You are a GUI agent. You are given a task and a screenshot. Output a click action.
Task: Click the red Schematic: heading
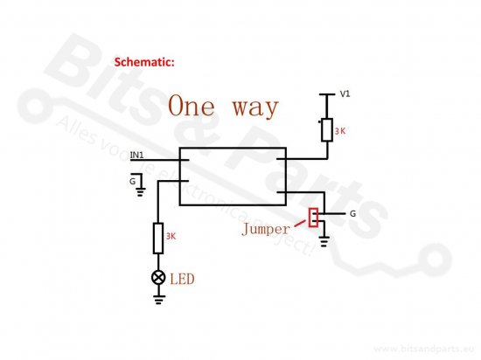pos(144,62)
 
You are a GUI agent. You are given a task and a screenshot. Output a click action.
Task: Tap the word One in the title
pos(192,106)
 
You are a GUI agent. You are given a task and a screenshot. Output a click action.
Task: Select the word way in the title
pos(254,108)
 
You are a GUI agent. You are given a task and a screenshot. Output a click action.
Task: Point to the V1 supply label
pos(345,93)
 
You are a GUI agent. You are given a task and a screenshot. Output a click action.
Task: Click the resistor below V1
pos(327,130)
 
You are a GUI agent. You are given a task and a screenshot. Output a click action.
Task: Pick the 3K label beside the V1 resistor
pos(340,131)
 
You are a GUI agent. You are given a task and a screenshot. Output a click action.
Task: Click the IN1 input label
pos(136,155)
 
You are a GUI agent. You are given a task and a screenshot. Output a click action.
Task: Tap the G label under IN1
pos(133,182)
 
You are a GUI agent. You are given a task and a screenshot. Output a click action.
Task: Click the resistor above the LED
pos(158,239)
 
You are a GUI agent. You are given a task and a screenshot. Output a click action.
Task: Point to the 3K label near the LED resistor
pos(171,236)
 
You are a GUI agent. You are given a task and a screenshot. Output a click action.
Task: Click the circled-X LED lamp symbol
pos(158,278)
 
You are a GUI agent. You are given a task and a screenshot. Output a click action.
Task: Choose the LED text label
pos(182,279)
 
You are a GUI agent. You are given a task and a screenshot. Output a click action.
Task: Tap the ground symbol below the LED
pos(158,300)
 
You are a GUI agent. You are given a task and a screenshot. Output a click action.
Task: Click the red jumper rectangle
pos(313,218)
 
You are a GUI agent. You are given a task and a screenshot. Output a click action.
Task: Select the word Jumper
pos(266,229)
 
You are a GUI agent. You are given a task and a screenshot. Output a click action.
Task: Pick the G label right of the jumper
pos(352,213)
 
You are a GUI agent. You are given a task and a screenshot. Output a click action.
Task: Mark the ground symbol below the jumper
pos(324,241)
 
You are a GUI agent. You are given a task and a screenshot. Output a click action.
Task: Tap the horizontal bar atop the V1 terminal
pos(327,94)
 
